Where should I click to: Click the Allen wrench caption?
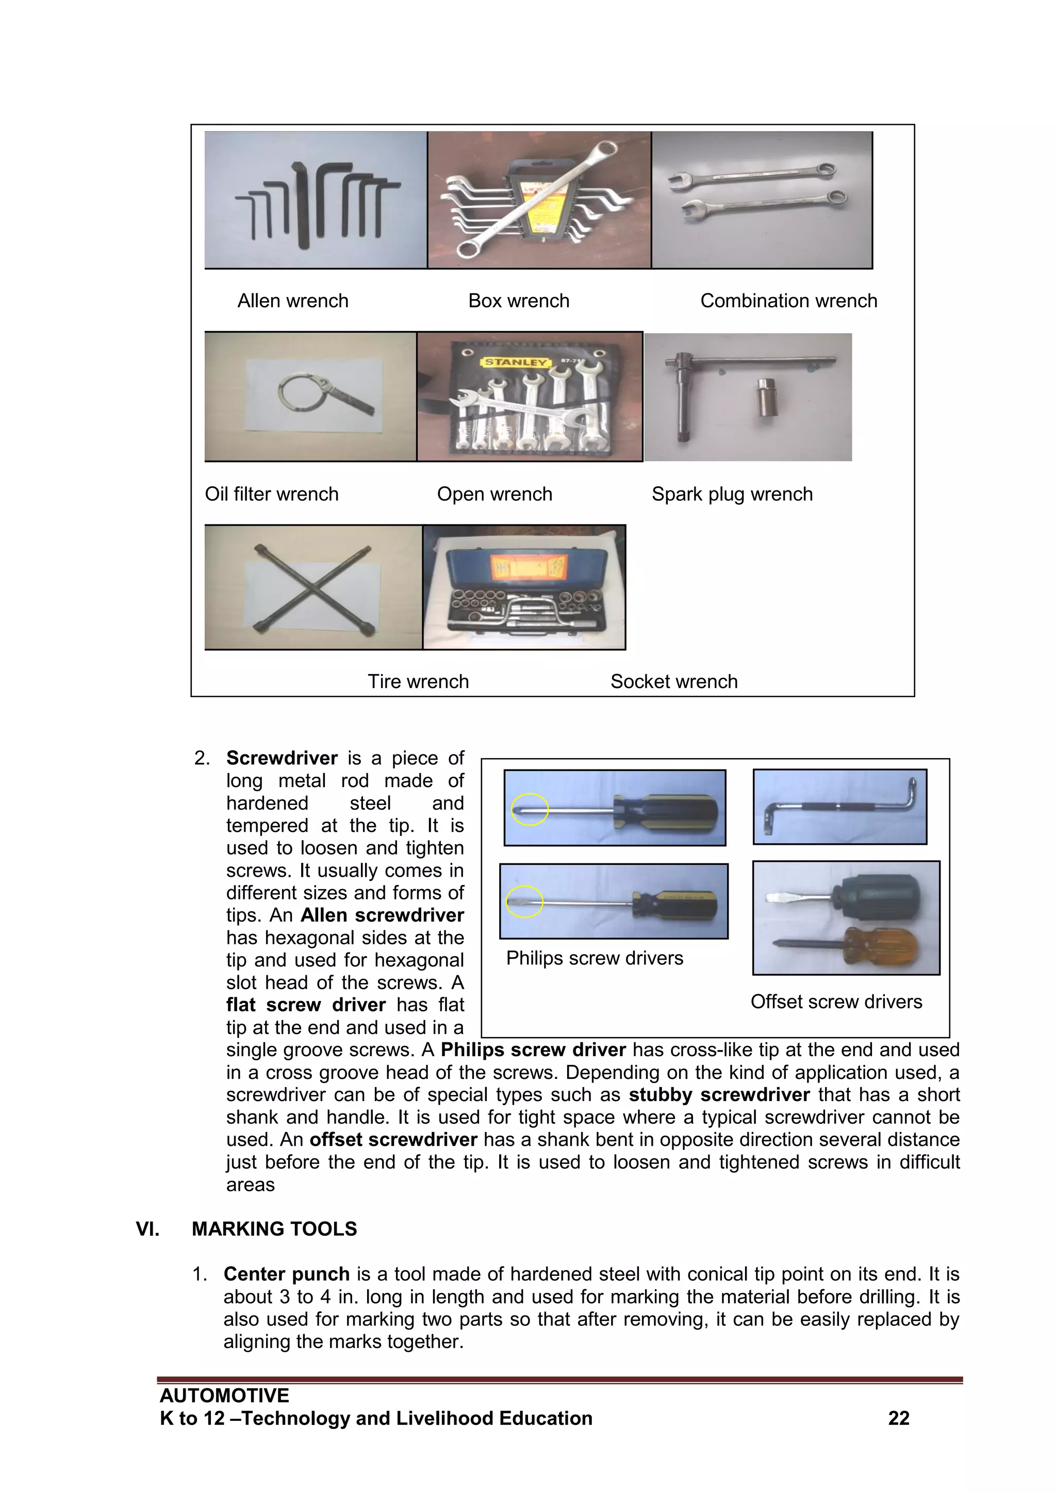[x=292, y=301]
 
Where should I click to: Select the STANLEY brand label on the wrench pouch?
[x=516, y=362]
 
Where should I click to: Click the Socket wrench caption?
[x=673, y=681]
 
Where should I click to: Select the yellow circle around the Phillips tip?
[x=530, y=810]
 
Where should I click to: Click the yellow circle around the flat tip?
[x=524, y=902]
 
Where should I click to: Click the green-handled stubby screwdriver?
[x=878, y=897]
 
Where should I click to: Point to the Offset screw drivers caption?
[x=836, y=1002]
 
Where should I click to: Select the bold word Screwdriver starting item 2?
[x=282, y=758]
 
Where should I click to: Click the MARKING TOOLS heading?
[x=274, y=1229]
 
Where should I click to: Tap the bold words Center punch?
[x=286, y=1274]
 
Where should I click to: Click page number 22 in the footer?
[x=899, y=1418]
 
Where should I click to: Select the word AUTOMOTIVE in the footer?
[x=224, y=1396]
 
